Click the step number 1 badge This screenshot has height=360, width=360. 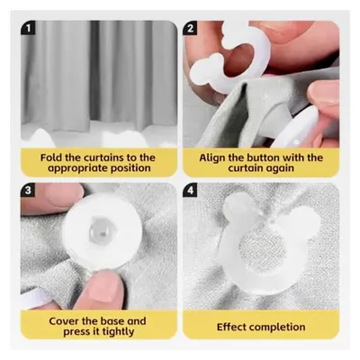coord(28,28)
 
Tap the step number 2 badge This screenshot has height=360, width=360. coord(190,28)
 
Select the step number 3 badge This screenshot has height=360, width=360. coord(28,190)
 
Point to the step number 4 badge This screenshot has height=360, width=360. coord(190,190)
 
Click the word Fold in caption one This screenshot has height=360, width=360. coord(50,157)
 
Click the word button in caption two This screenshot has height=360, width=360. coord(263,157)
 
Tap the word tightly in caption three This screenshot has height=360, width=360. coord(118,332)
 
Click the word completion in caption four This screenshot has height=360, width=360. coord(276,328)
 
